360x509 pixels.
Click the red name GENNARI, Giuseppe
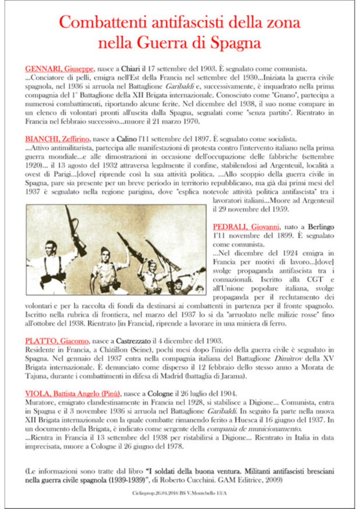(x=59, y=69)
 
